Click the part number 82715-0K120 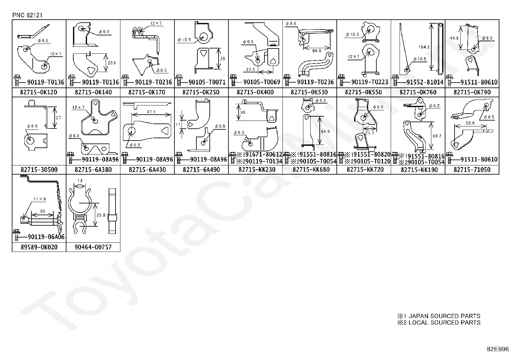pyautogui.click(x=39, y=92)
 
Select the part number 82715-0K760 pyautogui.click(x=418, y=92)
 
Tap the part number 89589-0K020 pyautogui.click(x=39, y=247)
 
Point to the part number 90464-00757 pyautogui.click(x=93, y=247)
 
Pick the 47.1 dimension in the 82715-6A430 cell pyautogui.click(x=151, y=112)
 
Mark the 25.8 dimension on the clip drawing pyautogui.click(x=101, y=215)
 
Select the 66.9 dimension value pyautogui.click(x=316, y=51)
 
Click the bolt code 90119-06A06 pyautogui.click(x=46, y=237)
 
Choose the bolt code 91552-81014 pyautogui.click(x=425, y=82)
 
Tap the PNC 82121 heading pyautogui.click(x=27, y=15)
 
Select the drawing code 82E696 pyautogui.click(x=498, y=349)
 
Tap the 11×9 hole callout pyautogui.click(x=40, y=199)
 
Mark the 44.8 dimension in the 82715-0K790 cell pyautogui.click(x=454, y=38)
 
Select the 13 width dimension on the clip pyautogui.click(x=80, y=180)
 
